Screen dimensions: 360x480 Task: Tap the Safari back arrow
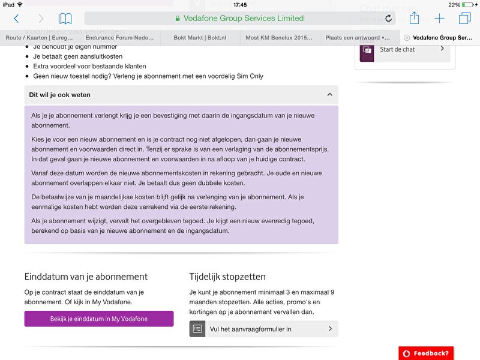click(x=16, y=19)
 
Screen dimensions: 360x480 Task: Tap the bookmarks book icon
click(x=65, y=19)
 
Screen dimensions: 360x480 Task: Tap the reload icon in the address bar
click(x=388, y=19)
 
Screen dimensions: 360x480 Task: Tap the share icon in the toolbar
click(x=414, y=18)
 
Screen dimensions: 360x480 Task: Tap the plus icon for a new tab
click(x=439, y=19)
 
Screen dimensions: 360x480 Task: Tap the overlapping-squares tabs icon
click(x=464, y=19)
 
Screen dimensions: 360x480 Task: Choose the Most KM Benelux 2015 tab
click(x=279, y=37)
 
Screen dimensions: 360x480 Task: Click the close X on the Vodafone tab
click(x=407, y=37)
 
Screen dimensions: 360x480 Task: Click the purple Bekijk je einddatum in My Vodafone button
click(x=99, y=319)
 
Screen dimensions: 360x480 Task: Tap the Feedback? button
click(x=426, y=353)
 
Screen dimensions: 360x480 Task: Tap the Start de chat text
click(x=397, y=49)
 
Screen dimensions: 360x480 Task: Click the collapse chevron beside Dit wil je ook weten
click(x=329, y=95)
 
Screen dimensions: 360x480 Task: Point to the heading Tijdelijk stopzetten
click(x=227, y=277)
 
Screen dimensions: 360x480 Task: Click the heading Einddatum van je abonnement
click(x=86, y=277)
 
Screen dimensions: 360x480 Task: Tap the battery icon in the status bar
click(x=468, y=5)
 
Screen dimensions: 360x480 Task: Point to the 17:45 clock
click(x=240, y=5)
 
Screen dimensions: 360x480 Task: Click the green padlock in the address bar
click(x=177, y=19)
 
